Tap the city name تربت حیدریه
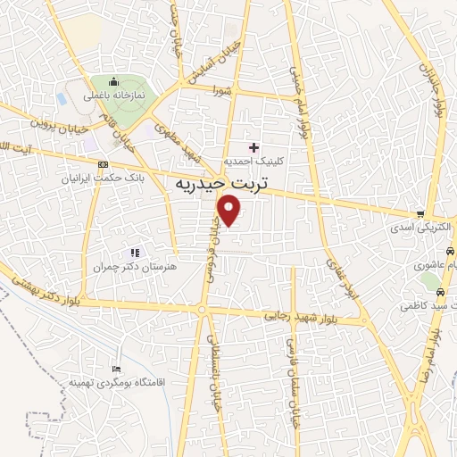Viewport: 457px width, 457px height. pyautogui.click(x=206, y=183)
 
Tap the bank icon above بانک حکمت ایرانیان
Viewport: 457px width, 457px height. pyautogui.click(x=102, y=165)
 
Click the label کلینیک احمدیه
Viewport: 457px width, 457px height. pyautogui.click(x=256, y=161)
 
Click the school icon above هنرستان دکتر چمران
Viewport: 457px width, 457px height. pyautogui.click(x=136, y=253)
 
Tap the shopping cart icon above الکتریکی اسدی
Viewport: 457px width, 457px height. pyautogui.click(x=420, y=213)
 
